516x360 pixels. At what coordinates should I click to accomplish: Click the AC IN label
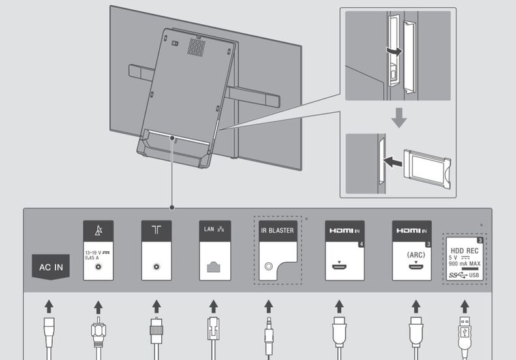pyautogui.click(x=51, y=267)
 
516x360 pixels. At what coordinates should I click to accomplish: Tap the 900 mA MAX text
pyautogui.click(x=465, y=264)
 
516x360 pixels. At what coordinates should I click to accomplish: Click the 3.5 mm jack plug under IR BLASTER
pyautogui.click(x=269, y=339)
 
